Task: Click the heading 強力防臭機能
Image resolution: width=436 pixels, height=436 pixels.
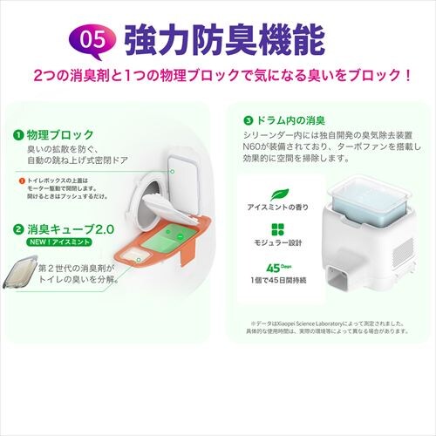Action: (x=225, y=39)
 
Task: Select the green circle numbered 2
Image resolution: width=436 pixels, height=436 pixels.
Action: (x=17, y=229)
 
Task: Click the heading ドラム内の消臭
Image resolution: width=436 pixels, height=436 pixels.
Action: (x=291, y=119)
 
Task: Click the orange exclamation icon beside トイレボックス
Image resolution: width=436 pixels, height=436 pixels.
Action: (x=19, y=181)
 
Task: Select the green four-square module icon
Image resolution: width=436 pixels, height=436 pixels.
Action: (x=279, y=228)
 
